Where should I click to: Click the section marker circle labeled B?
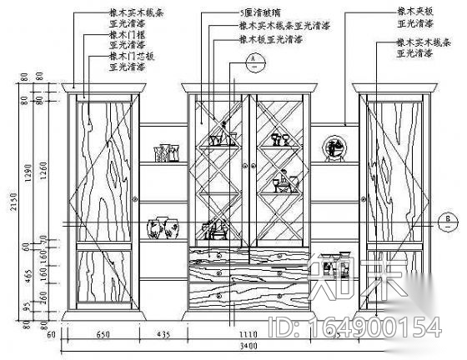click(448, 222)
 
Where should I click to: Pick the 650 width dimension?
click(103, 333)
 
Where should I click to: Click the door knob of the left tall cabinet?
click(134, 200)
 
